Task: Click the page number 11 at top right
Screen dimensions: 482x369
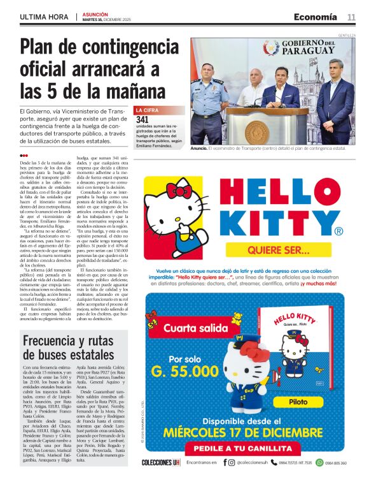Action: tap(351, 17)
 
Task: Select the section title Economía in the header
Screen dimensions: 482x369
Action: tap(316, 17)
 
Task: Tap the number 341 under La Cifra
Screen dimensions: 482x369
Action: tap(143, 119)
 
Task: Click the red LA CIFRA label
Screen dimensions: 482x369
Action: tap(147, 110)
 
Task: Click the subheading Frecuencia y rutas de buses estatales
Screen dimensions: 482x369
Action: tap(69, 348)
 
